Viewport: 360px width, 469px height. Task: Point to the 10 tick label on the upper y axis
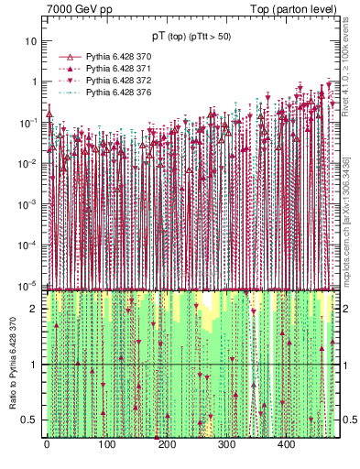[x=32, y=41]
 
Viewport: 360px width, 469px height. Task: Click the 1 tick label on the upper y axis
[x=35, y=82]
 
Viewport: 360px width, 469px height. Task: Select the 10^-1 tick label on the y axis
[x=29, y=122]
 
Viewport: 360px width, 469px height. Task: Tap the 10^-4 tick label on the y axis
[x=29, y=245]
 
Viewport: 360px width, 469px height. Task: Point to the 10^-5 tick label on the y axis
[x=29, y=285]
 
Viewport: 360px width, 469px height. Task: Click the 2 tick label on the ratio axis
[x=35, y=309]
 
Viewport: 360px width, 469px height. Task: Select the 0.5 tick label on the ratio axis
[x=31, y=420]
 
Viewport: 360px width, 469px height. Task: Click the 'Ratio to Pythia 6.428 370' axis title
[x=11, y=364]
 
